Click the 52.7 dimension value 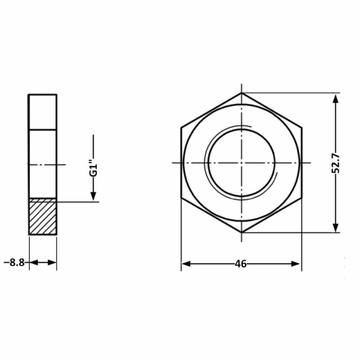[x=336, y=163]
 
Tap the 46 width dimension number [x=241, y=264]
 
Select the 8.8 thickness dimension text [x=17, y=263]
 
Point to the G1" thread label [x=93, y=170]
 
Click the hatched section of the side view [x=43, y=216]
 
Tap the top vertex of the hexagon [x=241, y=92]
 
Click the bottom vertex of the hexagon [x=241, y=232]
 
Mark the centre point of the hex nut [x=241, y=163]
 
